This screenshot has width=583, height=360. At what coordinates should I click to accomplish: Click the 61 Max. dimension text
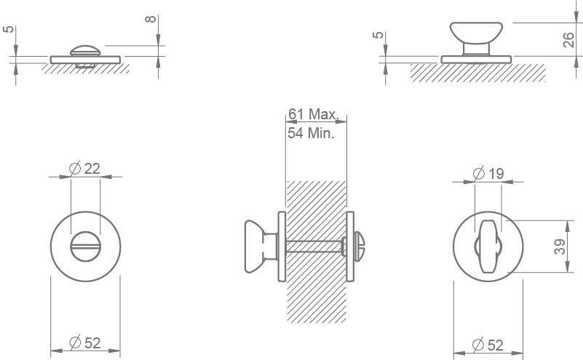(x=314, y=114)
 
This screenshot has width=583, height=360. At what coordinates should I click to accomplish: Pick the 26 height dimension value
(x=570, y=39)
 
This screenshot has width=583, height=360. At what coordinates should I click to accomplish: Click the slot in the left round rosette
(x=85, y=247)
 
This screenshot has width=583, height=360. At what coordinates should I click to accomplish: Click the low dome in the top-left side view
(x=87, y=50)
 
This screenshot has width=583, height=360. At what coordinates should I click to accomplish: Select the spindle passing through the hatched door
(x=317, y=245)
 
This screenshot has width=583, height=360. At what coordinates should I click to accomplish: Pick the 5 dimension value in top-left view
(x=7, y=31)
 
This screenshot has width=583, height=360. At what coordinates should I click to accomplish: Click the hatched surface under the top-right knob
(x=477, y=72)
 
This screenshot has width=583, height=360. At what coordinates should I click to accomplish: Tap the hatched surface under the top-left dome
(x=85, y=68)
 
